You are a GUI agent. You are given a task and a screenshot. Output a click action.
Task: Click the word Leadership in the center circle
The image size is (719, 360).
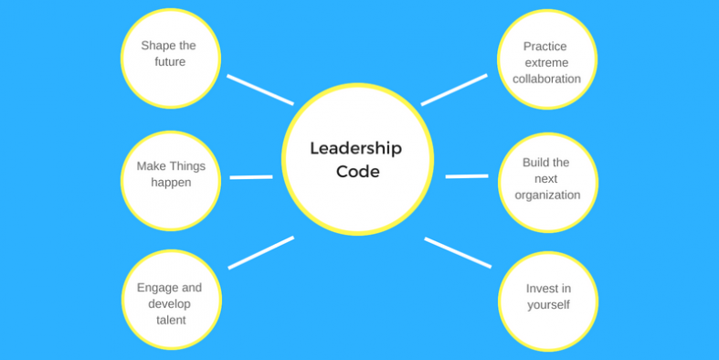355,148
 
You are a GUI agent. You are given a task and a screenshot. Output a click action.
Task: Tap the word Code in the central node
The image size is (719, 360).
357,171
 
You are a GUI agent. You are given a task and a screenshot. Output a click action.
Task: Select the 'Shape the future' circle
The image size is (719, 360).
171,58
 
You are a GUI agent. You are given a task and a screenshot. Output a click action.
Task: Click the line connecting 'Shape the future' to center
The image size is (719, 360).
259,90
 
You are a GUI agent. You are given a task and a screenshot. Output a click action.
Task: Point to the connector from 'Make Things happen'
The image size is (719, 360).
251,176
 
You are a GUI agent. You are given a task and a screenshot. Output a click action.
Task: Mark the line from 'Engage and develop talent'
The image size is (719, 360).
260,253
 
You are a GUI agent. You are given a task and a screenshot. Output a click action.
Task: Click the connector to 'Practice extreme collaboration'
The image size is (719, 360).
454,90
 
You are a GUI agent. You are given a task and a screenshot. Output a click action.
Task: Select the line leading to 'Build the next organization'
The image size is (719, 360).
467,175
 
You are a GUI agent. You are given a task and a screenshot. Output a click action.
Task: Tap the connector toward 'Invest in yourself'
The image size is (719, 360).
458,253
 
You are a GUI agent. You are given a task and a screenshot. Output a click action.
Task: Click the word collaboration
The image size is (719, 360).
546,79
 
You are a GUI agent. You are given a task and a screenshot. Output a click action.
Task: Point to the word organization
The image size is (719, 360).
547,195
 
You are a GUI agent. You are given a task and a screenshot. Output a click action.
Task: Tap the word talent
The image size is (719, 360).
170,320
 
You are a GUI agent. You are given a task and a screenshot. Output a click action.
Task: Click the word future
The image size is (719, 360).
170,62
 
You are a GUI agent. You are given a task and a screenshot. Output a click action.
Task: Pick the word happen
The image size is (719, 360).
171,183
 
